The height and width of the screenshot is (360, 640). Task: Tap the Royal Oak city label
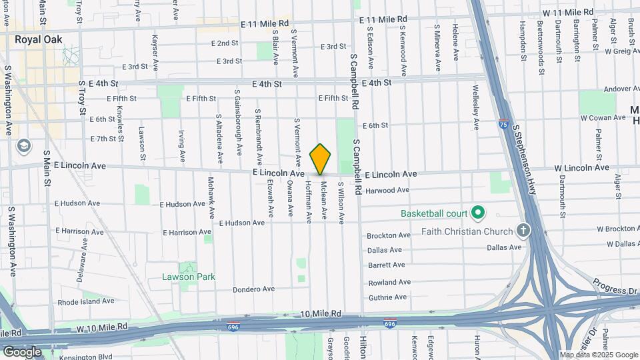pyautogui.click(x=39, y=39)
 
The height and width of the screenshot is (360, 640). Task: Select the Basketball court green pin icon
pyautogui.click(x=477, y=213)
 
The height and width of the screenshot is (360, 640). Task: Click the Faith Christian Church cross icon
pyautogui.click(x=524, y=231)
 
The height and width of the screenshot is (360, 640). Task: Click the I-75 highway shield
pyautogui.click(x=503, y=124)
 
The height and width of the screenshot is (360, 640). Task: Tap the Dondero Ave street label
pyautogui.click(x=254, y=289)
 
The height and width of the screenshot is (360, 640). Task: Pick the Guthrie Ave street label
pyautogui.click(x=387, y=297)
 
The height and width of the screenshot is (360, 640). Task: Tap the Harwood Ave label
pyautogui.click(x=387, y=190)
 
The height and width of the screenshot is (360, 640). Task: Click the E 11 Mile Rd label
pyautogui.click(x=265, y=23)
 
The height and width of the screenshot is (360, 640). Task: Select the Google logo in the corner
pyautogui.click(x=22, y=351)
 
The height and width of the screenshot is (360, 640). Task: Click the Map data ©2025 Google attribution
pyautogui.click(x=598, y=355)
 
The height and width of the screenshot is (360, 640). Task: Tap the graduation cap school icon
pyautogui.click(x=24, y=145)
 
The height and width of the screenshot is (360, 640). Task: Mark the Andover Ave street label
pyautogui.click(x=607, y=89)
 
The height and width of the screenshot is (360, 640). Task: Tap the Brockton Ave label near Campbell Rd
pyautogui.click(x=389, y=235)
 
